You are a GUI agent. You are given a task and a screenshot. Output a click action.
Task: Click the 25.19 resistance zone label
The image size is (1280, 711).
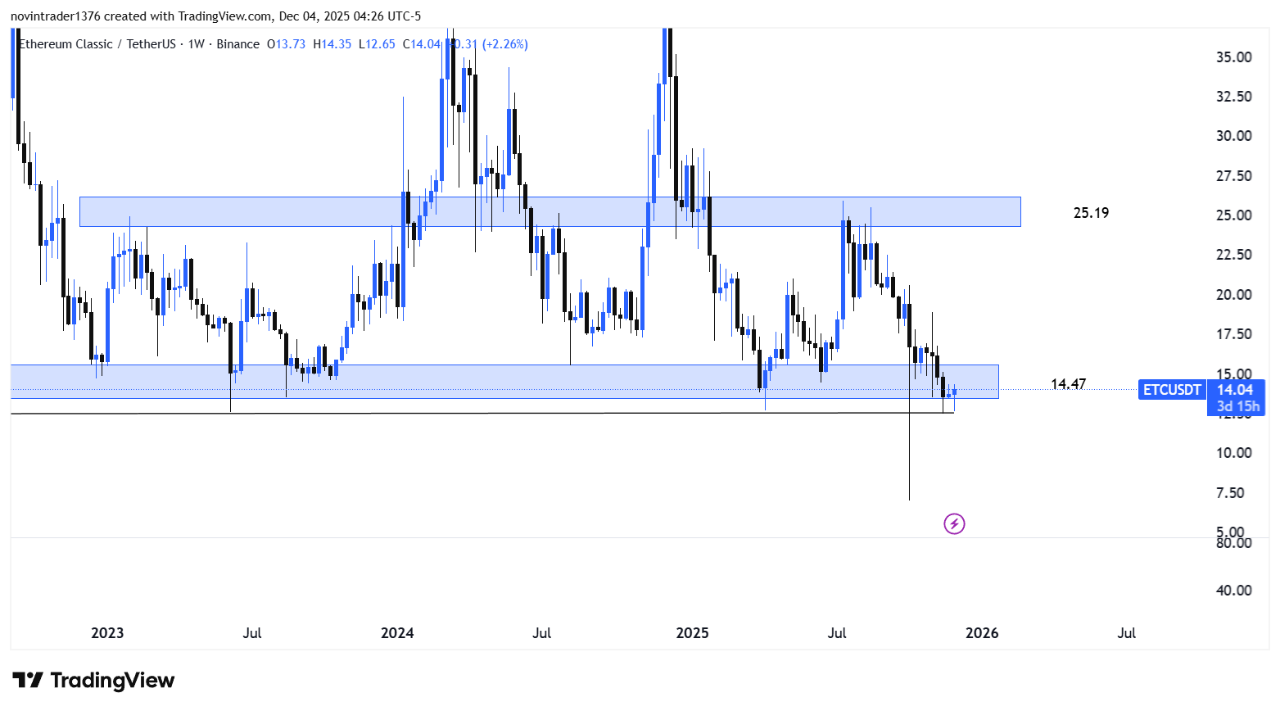pyautogui.click(x=1091, y=213)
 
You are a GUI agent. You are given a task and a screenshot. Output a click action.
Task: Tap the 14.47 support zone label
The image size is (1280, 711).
pyautogui.click(x=1068, y=384)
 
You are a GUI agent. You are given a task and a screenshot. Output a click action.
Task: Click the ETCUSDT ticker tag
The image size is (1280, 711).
pyautogui.click(x=1172, y=390)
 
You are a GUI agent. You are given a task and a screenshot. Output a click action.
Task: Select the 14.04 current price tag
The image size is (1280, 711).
pyautogui.click(x=1235, y=390)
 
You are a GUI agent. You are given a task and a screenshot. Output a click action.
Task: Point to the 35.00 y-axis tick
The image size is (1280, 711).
pyautogui.click(x=1233, y=57)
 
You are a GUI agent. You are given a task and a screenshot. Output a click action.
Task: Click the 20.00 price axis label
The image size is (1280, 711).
pyautogui.click(x=1233, y=295)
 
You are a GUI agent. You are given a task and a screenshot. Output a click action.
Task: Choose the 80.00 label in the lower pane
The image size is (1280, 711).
pyautogui.click(x=1233, y=543)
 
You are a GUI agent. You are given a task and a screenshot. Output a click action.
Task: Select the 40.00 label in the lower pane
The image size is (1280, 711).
pyautogui.click(x=1233, y=591)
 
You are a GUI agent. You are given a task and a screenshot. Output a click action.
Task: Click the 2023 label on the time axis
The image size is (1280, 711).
pyautogui.click(x=107, y=633)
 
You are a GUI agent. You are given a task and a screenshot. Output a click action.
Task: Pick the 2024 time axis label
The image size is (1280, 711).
pyautogui.click(x=397, y=633)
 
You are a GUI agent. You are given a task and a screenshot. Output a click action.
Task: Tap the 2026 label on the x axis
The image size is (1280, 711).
pyautogui.click(x=982, y=633)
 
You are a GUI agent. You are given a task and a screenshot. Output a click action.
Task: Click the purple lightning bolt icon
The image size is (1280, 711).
pyautogui.click(x=954, y=523)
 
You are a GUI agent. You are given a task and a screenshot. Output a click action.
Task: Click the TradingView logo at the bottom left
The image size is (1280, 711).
pyautogui.click(x=94, y=681)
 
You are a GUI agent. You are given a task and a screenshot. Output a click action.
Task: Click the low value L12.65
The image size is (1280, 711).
pyautogui.click(x=377, y=44)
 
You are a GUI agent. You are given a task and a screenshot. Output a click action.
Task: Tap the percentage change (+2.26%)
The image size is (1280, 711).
pyautogui.click(x=505, y=44)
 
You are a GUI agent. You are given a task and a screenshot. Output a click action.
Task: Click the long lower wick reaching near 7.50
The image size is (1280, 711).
pyautogui.click(x=909, y=459)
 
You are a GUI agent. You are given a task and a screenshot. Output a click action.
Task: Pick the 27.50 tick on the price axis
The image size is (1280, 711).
pyautogui.click(x=1233, y=176)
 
